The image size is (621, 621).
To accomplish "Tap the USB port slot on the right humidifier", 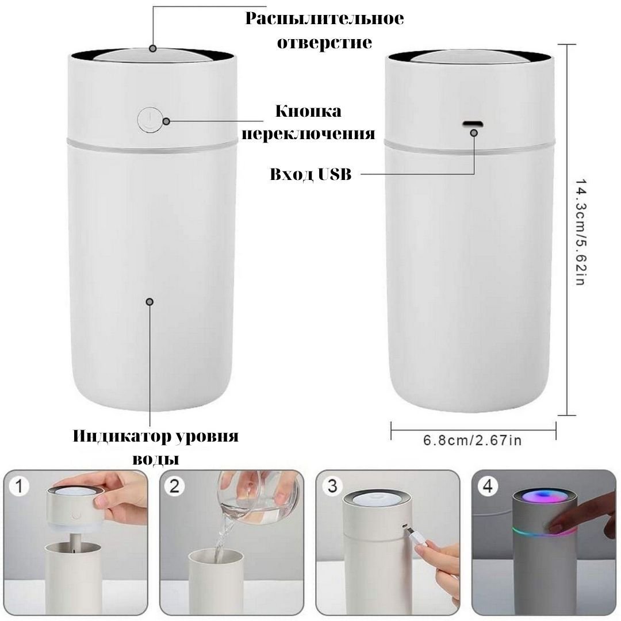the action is (473, 124).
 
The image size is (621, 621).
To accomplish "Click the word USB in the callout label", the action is (333, 174).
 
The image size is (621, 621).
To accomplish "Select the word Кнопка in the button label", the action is (308, 112).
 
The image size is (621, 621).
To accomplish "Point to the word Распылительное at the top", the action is (324, 18).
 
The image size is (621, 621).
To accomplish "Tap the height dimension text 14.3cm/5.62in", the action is (580, 232).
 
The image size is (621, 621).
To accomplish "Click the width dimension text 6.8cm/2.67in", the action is (472, 440).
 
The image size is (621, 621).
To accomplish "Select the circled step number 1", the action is (19, 486).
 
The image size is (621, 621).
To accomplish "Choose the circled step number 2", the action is (175, 486).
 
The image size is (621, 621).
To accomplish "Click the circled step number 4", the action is (488, 486).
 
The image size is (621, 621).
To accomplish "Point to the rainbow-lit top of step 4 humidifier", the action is (542, 497).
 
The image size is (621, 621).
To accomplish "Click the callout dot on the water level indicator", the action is (149, 302).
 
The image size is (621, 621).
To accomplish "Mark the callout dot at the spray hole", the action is (153, 49).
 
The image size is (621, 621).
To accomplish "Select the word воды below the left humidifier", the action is (156, 459).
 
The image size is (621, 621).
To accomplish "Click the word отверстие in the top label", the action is (324, 43).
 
